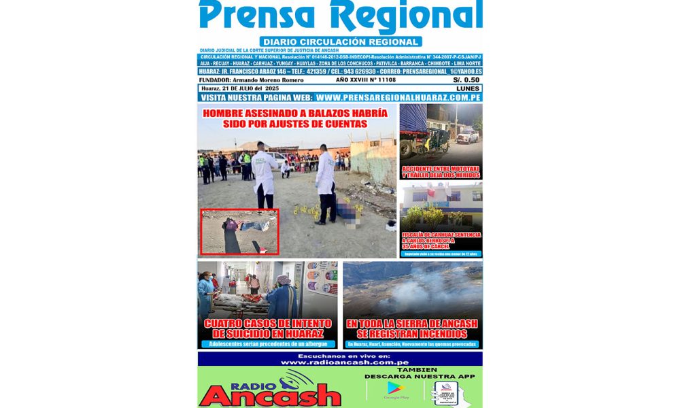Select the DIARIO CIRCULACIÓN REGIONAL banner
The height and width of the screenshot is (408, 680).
340,41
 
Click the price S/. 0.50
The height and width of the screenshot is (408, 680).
466,80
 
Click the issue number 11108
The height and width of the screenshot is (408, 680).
383,80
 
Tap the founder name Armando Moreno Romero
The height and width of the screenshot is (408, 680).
271,80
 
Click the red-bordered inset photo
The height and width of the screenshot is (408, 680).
240,232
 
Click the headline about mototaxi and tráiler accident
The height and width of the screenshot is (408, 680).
441,171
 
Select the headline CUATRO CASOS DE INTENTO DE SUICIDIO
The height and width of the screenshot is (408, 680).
267,328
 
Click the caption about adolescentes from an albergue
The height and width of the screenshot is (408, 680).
267,344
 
